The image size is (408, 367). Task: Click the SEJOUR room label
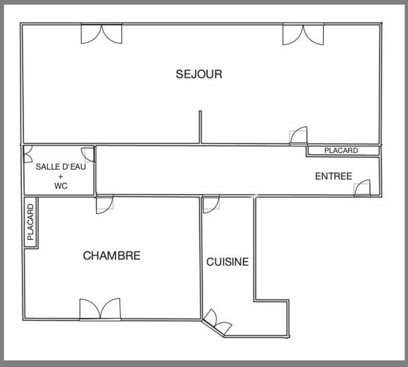point(199,74)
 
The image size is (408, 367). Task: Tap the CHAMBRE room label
point(111,255)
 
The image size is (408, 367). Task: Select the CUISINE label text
point(227,262)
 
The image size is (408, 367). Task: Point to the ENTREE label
point(333,176)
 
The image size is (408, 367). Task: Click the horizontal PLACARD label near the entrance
point(341,151)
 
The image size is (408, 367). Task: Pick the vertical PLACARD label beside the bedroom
point(31,222)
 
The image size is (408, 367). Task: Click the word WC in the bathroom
point(61,186)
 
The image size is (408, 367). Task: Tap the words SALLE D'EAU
point(58,167)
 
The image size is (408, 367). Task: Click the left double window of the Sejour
point(102,33)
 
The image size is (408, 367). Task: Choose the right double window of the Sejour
point(303,33)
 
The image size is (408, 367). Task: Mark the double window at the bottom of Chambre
point(100,309)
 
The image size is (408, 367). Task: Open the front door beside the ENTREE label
point(363,188)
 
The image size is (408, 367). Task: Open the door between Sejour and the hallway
point(299,136)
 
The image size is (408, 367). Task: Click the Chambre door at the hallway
point(104,204)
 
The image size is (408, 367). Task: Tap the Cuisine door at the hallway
point(210,204)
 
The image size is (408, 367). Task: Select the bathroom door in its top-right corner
point(88,154)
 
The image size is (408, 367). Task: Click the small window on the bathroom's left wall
point(27,154)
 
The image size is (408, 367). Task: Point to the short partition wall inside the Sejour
point(200,127)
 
